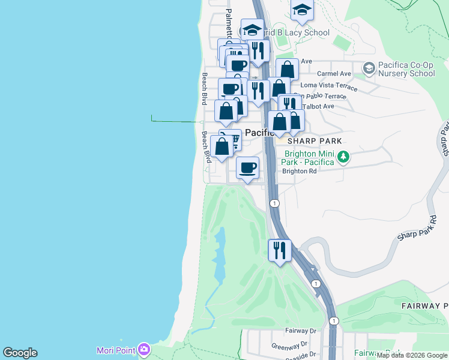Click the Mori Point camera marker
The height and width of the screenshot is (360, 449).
pyautogui.click(x=143, y=349)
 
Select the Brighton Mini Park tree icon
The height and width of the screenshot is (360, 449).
pyautogui.click(x=343, y=157)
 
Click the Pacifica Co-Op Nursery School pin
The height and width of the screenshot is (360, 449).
pyautogui.click(x=369, y=66)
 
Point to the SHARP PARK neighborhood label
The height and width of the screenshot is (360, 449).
pyautogui.click(x=315, y=141)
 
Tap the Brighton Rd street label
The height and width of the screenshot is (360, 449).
pyautogui.click(x=299, y=171)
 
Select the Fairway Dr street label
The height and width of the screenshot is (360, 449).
pyautogui.click(x=301, y=331)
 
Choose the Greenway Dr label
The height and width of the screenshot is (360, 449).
pyautogui.click(x=289, y=345)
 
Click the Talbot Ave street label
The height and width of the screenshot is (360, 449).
pyautogui.click(x=319, y=106)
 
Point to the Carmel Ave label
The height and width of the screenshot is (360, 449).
pyautogui.click(x=333, y=74)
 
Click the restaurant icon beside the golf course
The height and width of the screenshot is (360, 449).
pyautogui.click(x=279, y=248)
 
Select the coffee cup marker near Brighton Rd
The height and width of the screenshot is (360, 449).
pyautogui.click(x=247, y=167)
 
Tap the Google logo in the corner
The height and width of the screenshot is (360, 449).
pyautogui.click(x=20, y=353)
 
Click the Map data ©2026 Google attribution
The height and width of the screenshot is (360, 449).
pyautogui.click(x=412, y=356)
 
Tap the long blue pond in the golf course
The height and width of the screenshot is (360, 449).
pyautogui.click(x=219, y=258)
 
